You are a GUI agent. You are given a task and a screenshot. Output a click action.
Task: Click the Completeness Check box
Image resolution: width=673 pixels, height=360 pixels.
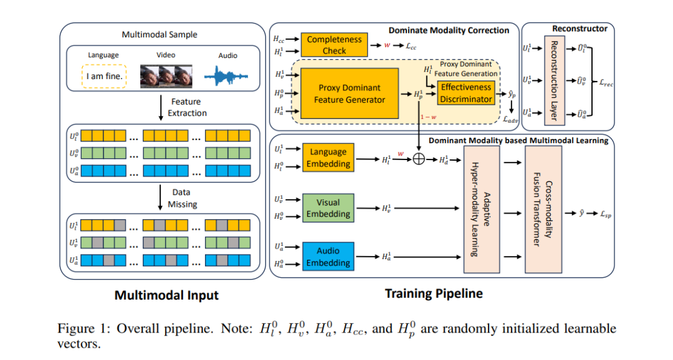334,45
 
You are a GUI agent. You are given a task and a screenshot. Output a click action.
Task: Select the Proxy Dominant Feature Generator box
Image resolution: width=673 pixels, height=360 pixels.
350,93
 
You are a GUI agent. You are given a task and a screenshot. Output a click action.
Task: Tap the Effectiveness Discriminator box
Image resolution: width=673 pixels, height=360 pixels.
465,93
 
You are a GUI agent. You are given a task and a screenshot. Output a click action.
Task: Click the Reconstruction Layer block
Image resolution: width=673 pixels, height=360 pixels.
554,81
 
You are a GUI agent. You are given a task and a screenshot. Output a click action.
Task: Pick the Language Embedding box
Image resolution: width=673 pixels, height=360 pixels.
328,158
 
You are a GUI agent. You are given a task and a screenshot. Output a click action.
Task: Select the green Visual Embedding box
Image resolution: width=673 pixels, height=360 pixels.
328,208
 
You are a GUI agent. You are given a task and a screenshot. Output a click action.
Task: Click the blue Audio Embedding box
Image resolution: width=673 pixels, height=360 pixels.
328,257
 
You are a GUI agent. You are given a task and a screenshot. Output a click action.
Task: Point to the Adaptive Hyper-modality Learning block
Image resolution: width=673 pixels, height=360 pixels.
482,209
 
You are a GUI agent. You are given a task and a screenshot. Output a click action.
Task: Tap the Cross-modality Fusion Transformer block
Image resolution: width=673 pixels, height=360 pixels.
543,209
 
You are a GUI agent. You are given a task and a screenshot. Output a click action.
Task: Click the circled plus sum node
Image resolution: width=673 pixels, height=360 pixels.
419,159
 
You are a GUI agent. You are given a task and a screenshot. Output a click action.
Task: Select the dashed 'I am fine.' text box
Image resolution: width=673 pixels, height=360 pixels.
104,77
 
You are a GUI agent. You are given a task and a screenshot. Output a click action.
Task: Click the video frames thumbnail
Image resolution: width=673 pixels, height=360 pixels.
166,77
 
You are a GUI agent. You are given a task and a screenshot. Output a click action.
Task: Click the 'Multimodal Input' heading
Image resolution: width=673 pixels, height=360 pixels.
166,295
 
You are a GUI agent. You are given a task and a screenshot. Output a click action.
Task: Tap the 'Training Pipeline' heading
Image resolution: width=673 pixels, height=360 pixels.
434,293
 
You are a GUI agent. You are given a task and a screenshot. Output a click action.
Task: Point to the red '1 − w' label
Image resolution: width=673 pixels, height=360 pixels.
428,117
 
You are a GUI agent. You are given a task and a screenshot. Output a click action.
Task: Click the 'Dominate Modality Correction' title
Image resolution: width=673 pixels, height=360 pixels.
449,31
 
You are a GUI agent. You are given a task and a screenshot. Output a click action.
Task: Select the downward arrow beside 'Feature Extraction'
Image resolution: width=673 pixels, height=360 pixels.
161,108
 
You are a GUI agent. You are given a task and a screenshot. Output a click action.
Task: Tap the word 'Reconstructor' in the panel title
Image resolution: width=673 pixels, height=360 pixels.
580,29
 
